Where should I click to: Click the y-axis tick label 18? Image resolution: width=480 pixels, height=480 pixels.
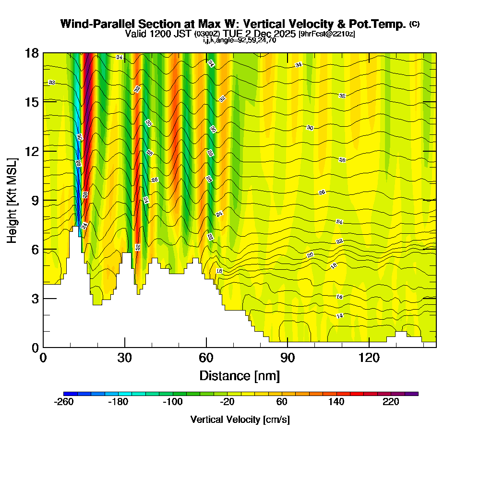[x=31, y=53]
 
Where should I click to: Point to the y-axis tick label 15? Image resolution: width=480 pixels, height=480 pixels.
[x=31, y=102]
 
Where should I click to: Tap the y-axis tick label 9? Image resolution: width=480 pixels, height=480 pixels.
[x=35, y=200]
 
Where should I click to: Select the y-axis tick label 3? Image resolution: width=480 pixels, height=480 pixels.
[x=35, y=299]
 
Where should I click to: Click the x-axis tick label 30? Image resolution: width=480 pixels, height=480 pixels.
[x=125, y=358]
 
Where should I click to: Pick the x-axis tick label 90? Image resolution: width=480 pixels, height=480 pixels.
[x=287, y=358]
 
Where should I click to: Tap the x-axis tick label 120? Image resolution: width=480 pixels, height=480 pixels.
[x=368, y=358]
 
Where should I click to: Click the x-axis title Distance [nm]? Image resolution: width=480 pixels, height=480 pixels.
[x=240, y=375]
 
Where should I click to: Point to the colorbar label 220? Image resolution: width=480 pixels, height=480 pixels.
[x=391, y=402]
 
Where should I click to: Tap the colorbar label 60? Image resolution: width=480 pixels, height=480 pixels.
[x=282, y=402]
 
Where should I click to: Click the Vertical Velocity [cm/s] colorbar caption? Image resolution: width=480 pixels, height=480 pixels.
[x=240, y=420]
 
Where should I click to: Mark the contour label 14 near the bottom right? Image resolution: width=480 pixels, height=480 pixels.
[x=339, y=315]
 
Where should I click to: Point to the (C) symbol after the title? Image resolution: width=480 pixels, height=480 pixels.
[x=414, y=24]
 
